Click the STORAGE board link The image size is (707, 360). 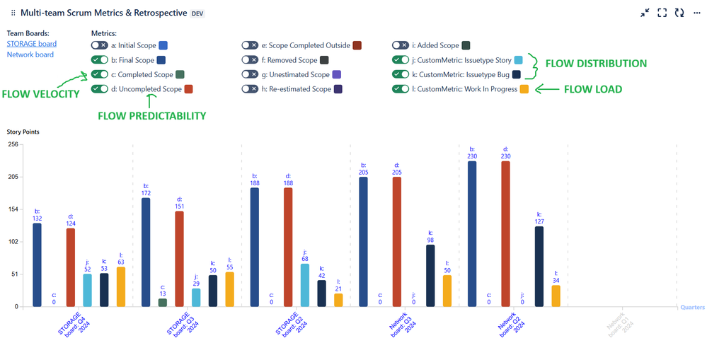click(32, 44)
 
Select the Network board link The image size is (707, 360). click(30, 54)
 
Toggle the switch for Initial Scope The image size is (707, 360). click(100, 45)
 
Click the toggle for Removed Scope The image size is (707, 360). click(250, 60)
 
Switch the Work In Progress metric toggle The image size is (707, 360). click(401, 89)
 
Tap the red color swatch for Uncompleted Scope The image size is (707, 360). click(189, 89)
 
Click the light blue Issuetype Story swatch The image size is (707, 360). click(519, 60)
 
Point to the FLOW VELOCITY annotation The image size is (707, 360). click(40, 94)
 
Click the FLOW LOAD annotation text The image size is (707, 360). click(592, 89)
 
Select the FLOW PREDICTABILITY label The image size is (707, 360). click(152, 116)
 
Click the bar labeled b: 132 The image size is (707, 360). click(38, 265)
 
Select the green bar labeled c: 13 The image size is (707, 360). click(163, 302)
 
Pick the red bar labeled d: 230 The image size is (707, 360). click(506, 233)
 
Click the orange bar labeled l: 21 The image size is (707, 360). click(338, 300)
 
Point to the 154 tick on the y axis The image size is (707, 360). click(12, 209)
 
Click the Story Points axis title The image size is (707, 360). click(23, 132)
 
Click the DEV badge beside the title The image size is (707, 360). click(198, 13)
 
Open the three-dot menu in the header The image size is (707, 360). click(697, 13)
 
